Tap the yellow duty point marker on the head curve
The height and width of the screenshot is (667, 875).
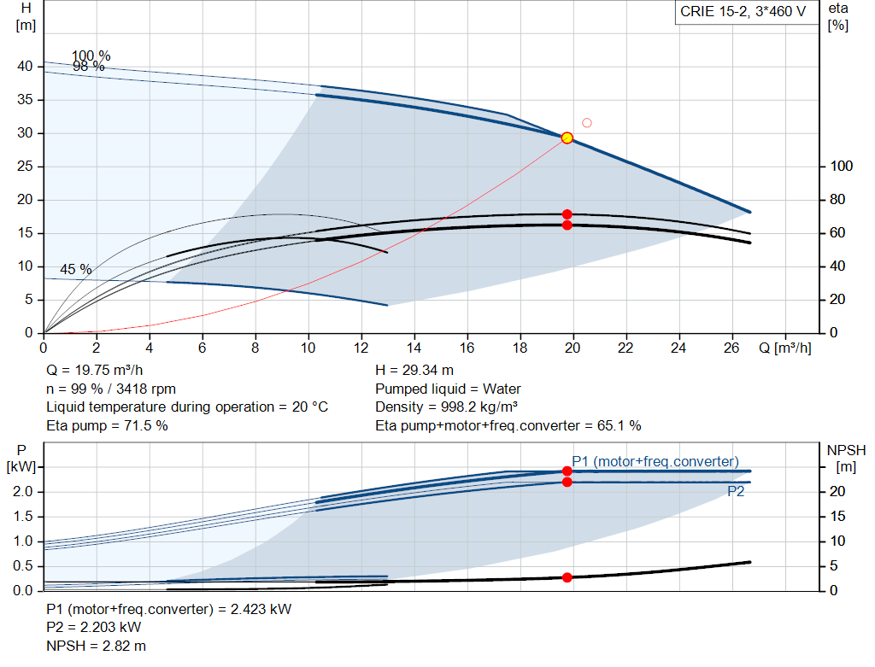tap(567, 137)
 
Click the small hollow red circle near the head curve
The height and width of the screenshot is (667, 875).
tap(586, 123)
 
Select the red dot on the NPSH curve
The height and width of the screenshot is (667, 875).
tap(567, 577)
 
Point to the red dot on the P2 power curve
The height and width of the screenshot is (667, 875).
tap(567, 482)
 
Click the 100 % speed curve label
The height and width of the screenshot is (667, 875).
tap(91, 56)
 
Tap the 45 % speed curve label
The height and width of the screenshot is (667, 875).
tap(76, 269)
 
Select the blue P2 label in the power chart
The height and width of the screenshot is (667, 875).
tap(736, 491)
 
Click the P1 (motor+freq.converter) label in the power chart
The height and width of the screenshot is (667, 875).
tap(655, 462)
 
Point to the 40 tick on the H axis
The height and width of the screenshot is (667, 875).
tap(25, 67)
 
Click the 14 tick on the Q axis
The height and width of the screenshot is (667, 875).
tap(414, 348)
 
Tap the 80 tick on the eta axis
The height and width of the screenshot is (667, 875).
tap(837, 200)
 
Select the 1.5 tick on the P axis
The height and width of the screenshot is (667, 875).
tap(23, 517)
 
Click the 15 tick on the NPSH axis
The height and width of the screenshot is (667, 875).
tap(837, 517)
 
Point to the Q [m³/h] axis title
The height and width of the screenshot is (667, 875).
tap(785, 348)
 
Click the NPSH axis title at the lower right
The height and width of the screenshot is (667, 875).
tap(846, 459)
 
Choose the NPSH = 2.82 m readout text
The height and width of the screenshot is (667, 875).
tap(96, 647)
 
